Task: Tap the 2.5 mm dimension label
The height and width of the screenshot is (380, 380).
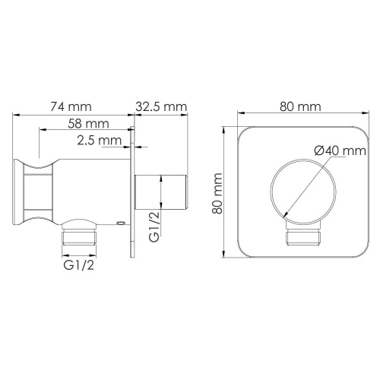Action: point(99,141)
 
